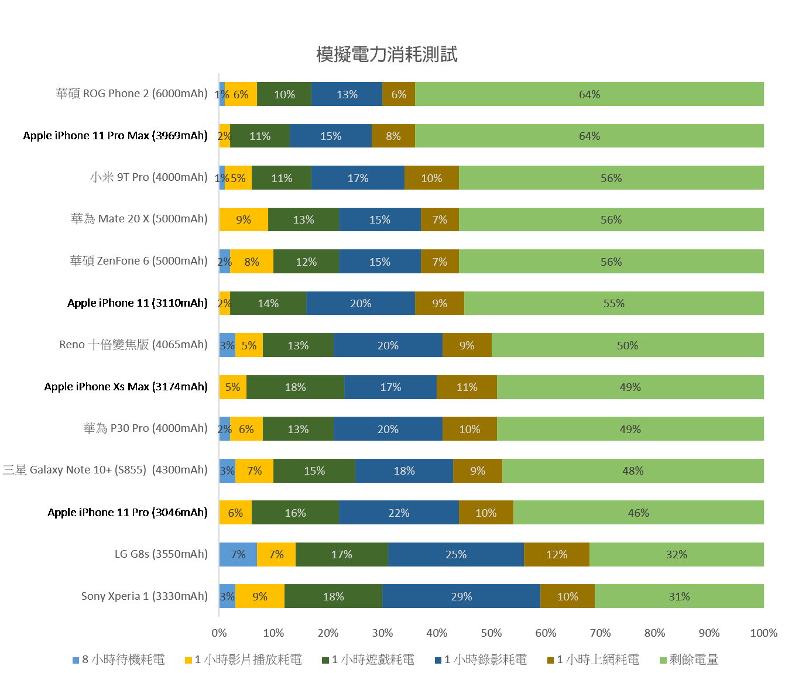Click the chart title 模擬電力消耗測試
click(x=386, y=54)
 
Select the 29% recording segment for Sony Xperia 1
click(x=461, y=596)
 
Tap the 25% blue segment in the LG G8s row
click(x=456, y=554)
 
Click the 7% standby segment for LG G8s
click(x=238, y=554)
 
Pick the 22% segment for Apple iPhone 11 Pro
click(x=399, y=513)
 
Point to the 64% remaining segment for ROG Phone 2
click(x=589, y=94)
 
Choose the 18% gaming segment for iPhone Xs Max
click(x=295, y=387)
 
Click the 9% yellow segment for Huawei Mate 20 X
click(x=244, y=219)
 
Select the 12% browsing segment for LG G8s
click(x=557, y=554)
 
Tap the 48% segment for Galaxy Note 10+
click(x=633, y=471)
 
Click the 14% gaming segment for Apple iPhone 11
click(x=268, y=303)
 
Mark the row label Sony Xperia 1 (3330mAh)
click(x=144, y=596)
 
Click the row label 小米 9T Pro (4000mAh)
click(x=149, y=177)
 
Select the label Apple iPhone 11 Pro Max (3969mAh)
click(x=115, y=136)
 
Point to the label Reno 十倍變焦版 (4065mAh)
click(x=133, y=345)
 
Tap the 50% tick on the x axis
click(x=491, y=633)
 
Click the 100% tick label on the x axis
click(x=763, y=633)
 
